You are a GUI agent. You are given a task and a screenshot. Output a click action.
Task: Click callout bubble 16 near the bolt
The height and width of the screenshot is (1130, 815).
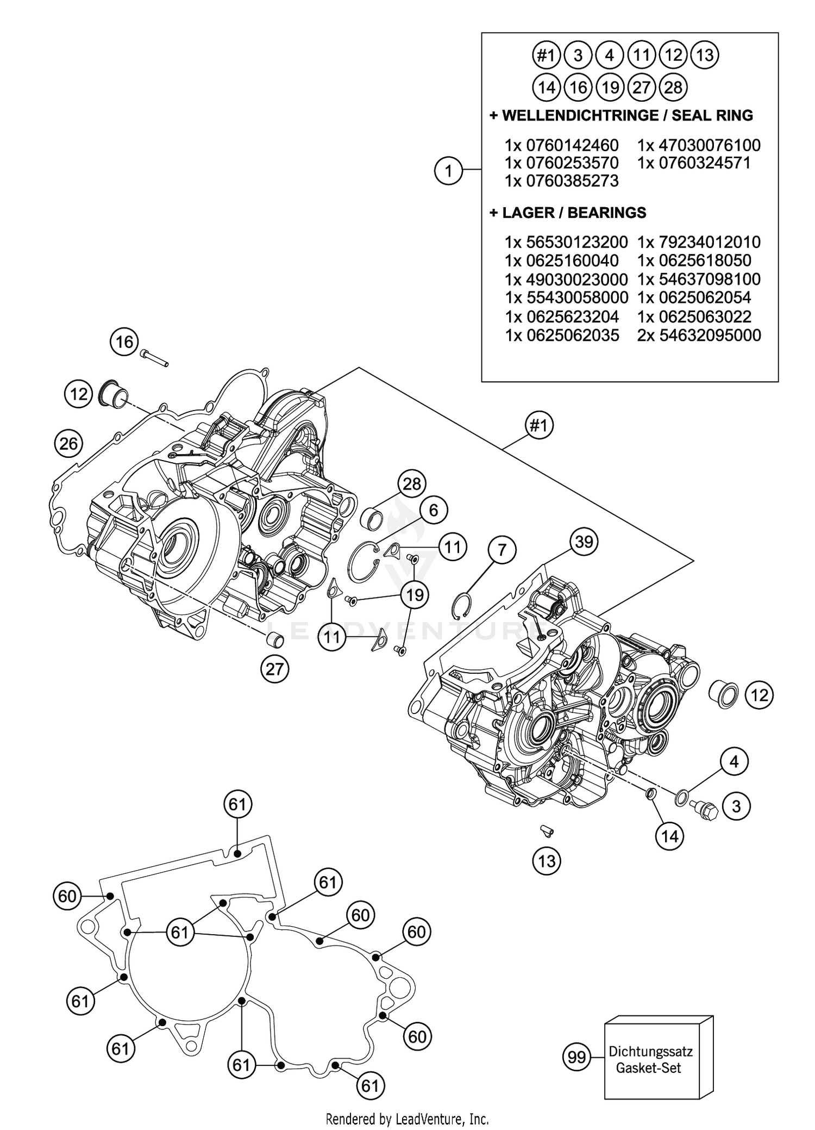pos(124,342)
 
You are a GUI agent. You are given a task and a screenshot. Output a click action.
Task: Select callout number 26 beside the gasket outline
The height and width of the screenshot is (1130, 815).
pos(68,444)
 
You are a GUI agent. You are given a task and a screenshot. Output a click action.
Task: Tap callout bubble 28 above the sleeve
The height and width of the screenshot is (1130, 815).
pos(412,483)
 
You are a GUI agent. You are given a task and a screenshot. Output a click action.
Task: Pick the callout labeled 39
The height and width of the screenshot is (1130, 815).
pos(584,542)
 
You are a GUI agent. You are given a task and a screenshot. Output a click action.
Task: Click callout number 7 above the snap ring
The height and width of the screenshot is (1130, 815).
pos(501,550)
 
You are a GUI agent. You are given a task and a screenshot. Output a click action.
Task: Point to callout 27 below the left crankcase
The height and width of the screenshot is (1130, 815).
pos(274,668)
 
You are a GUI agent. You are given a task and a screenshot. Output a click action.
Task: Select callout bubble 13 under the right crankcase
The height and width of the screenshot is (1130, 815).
pos(547,861)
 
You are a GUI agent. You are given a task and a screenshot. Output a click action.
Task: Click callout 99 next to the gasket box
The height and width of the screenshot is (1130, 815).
pos(576,1057)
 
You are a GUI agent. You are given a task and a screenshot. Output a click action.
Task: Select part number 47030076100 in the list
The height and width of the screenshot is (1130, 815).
pos(699,145)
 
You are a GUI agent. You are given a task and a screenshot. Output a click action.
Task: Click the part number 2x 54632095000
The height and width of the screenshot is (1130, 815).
pos(699,336)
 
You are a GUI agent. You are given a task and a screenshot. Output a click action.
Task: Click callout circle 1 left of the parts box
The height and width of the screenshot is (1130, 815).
pos(448,171)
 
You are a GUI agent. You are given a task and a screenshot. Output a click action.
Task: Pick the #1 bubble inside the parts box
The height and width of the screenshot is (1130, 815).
pos(546,55)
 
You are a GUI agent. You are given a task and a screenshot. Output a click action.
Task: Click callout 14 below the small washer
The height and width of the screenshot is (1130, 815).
pos(669,836)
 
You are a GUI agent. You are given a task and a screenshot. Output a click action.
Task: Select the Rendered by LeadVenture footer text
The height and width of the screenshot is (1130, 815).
pos(407,1119)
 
